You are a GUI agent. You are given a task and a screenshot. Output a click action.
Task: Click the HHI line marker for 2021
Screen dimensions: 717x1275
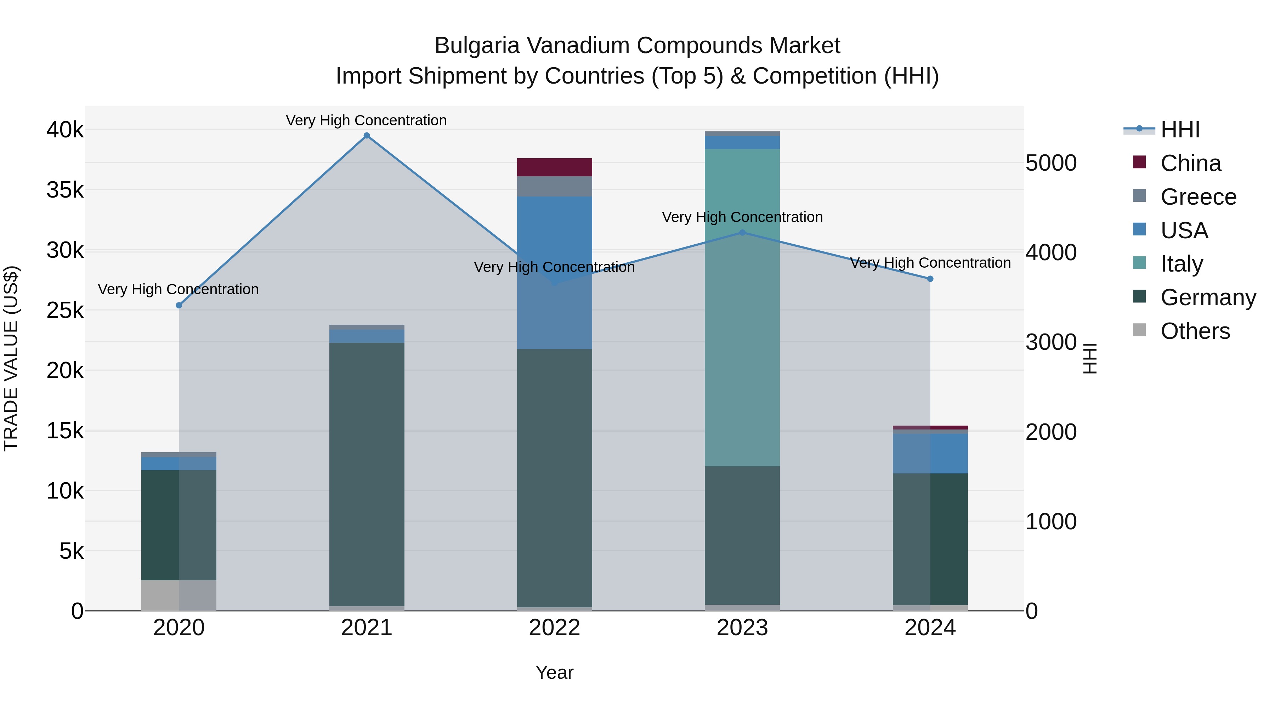tap(367, 136)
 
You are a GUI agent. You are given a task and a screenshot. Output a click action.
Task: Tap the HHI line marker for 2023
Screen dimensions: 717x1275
tap(742, 233)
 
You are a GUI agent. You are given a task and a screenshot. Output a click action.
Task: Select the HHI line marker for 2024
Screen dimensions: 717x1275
tap(930, 279)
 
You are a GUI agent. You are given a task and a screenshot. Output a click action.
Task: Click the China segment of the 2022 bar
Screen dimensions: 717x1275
tap(554, 167)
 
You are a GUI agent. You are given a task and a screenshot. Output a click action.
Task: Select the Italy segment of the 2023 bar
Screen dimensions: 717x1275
tap(742, 307)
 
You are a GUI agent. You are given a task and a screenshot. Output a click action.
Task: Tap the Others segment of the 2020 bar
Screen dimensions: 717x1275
tap(179, 595)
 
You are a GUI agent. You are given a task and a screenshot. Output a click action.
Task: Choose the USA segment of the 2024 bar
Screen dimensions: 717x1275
tap(930, 453)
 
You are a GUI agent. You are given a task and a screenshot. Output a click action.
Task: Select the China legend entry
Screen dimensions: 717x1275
tap(1190, 163)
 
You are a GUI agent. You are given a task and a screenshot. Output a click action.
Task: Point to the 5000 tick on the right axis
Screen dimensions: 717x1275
tap(1051, 163)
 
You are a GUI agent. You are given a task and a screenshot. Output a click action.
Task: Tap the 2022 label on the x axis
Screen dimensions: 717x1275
tap(554, 628)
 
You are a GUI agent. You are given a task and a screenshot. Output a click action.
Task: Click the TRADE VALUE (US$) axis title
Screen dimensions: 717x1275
tap(11, 358)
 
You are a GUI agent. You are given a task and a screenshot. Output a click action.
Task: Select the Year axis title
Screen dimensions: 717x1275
tap(554, 672)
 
